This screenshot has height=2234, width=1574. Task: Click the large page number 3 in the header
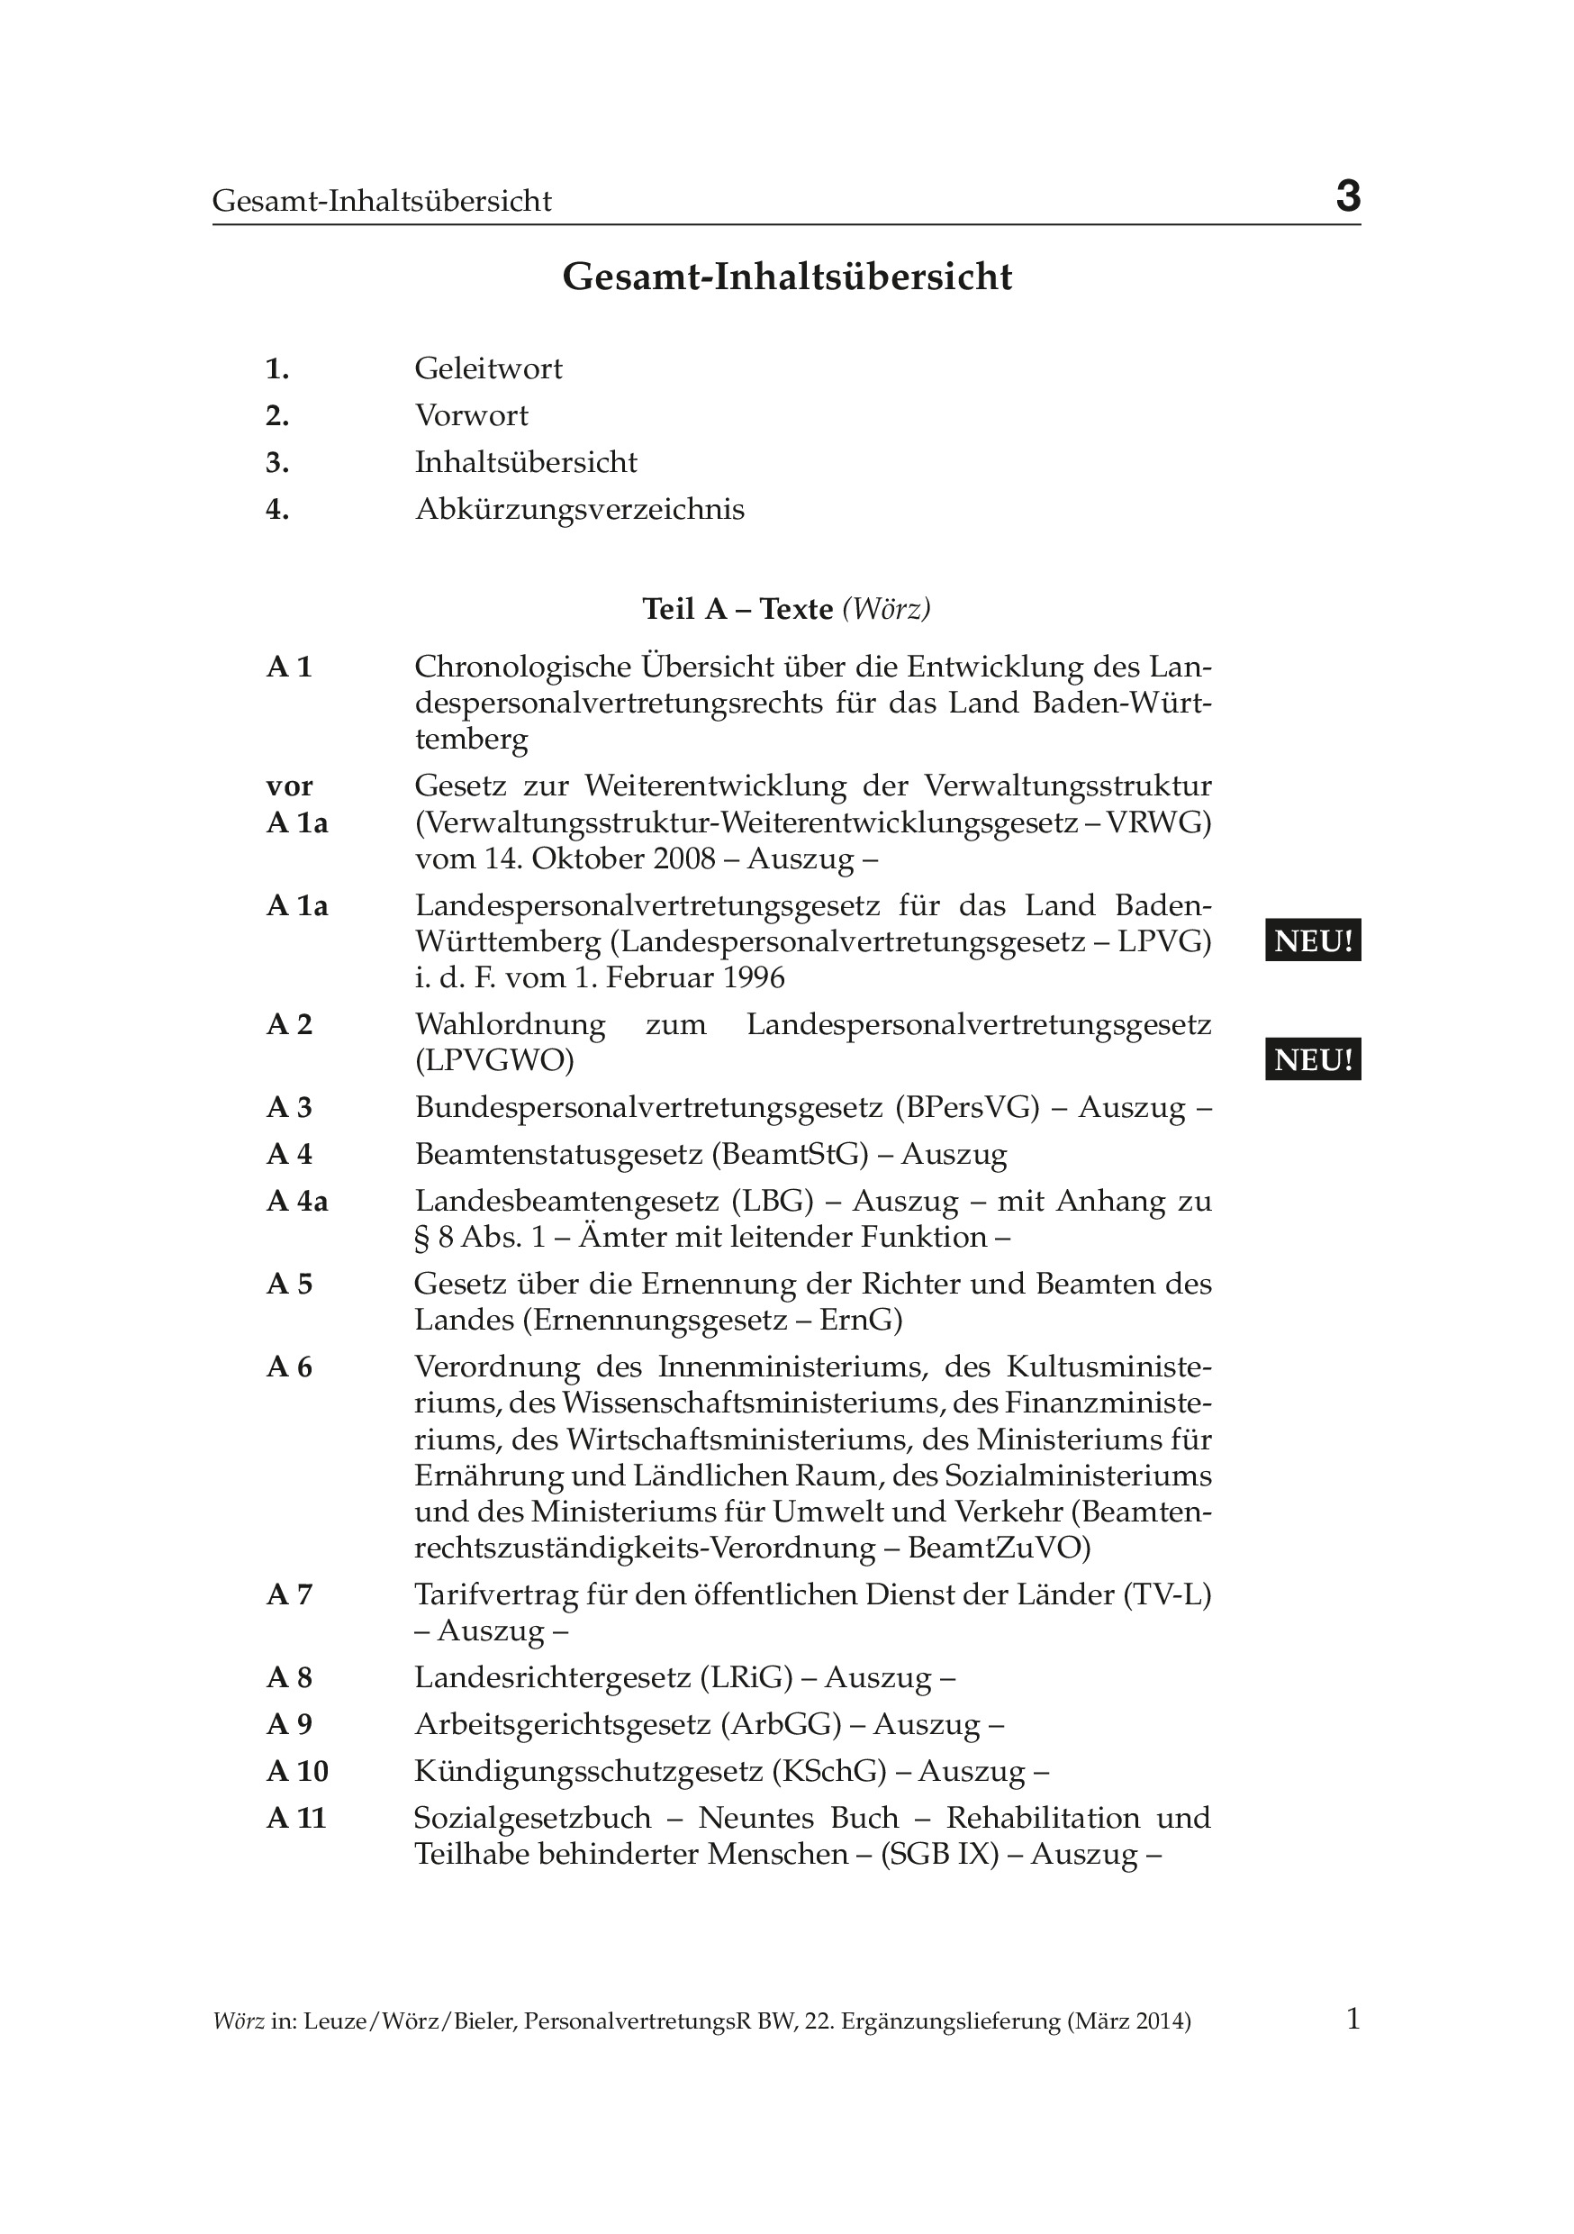tap(1347, 196)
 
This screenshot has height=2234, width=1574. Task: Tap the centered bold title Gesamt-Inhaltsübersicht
tap(787, 277)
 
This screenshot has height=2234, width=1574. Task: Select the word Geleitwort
tap(488, 368)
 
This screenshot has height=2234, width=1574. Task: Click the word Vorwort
tap(472, 415)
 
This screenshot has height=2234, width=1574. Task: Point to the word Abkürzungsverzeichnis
tap(580, 509)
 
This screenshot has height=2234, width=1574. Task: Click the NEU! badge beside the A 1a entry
tap(1312, 940)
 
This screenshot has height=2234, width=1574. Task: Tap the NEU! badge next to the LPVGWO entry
tap(1312, 1058)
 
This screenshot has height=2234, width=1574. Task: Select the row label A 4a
tap(298, 1202)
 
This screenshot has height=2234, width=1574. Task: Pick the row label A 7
tap(290, 1594)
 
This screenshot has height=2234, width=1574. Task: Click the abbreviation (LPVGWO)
tap(494, 1060)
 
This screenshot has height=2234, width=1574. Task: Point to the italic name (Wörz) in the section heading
tap(886, 609)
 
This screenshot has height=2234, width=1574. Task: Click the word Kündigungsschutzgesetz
tap(589, 1771)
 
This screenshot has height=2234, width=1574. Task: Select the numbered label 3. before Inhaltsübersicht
tap(277, 462)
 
